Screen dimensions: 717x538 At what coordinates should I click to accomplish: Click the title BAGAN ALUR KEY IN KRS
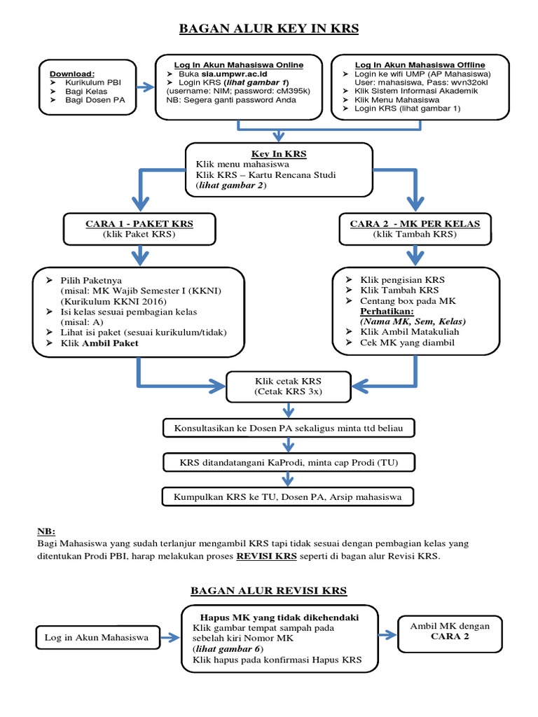(269, 29)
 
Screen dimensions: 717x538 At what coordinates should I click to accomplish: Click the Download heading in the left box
(71, 72)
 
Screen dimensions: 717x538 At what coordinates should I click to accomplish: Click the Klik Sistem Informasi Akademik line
(406, 91)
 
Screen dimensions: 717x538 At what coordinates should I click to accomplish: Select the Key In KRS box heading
(279, 153)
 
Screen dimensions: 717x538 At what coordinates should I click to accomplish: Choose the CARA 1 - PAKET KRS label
(139, 223)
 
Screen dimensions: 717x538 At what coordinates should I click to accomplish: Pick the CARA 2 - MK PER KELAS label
(415, 223)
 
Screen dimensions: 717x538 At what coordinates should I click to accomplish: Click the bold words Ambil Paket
(111, 343)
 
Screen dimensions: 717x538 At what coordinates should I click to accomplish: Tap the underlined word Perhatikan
(387, 310)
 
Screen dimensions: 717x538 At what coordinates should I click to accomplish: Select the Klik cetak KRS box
(287, 387)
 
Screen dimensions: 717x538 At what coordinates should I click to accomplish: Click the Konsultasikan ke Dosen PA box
(288, 426)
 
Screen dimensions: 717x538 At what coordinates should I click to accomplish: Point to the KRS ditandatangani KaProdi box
(288, 462)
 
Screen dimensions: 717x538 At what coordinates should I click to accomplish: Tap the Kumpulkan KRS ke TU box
(288, 497)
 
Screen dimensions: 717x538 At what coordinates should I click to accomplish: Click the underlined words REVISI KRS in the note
(267, 557)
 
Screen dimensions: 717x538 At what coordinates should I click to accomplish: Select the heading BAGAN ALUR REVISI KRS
(269, 591)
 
